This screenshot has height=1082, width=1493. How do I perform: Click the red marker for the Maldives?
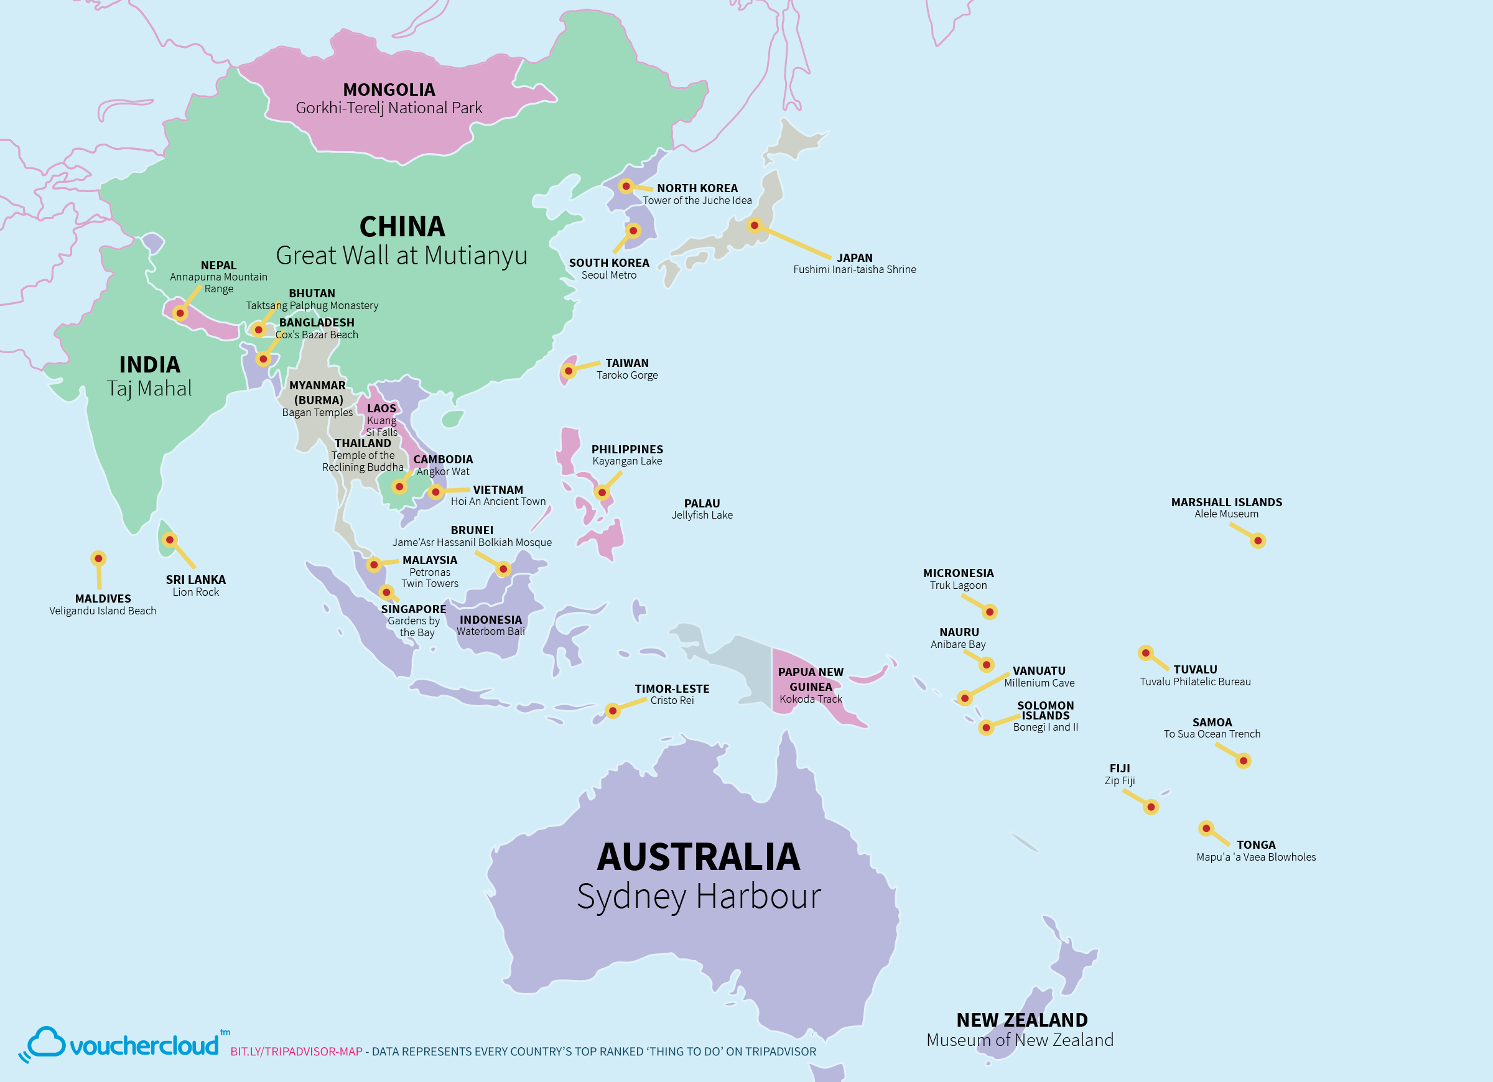(98, 559)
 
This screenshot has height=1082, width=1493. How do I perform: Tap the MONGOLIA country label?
(389, 90)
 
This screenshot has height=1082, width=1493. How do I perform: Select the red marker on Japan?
(755, 226)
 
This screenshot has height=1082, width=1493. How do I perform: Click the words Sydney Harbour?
(699, 897)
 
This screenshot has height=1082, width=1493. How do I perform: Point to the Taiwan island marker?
(569, 371)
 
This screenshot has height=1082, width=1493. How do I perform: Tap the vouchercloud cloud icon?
(45, 1042)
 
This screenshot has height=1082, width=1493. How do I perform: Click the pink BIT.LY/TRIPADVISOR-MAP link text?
(296, 1052)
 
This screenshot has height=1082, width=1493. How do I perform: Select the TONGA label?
(1255, 844)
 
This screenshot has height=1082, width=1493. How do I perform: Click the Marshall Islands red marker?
(1257, 541)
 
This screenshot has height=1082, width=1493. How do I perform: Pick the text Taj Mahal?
(149, 388)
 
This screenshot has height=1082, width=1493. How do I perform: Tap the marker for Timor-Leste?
(613, 711)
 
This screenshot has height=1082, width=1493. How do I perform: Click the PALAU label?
(702, 504)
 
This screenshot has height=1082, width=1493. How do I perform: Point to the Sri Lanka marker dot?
(170, 540)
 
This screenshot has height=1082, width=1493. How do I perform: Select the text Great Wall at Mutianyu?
(402, 256)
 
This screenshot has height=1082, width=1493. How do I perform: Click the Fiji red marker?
(1151, 807)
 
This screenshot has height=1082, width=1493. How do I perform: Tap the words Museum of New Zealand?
(1020, 1040)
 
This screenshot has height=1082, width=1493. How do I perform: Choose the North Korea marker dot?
(626, 187)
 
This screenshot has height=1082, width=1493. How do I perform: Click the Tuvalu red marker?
(1145, 653)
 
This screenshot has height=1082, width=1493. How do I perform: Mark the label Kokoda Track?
(811, 699)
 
